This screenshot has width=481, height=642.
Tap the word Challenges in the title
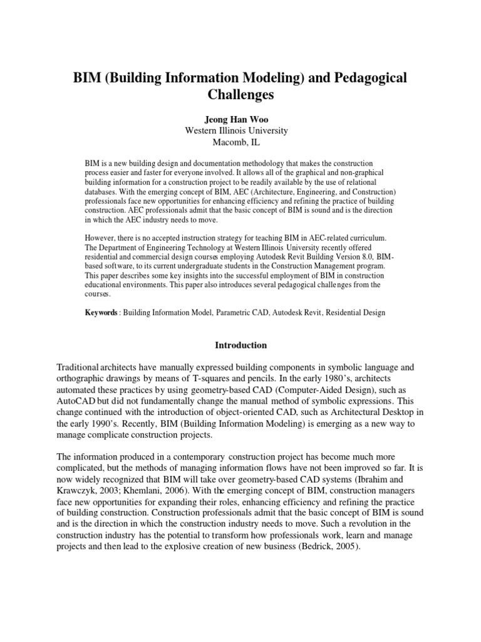[240, 96]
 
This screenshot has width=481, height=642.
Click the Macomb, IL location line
[240, 142]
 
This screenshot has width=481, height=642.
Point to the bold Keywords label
[101, 312]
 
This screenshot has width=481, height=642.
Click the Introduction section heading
[240, 345]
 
